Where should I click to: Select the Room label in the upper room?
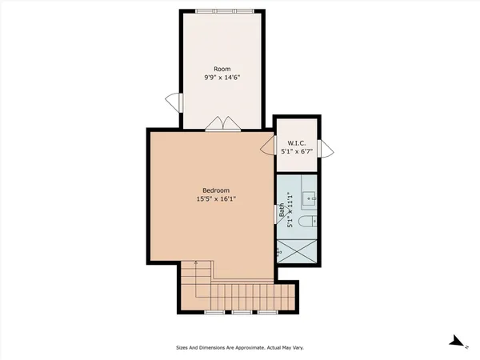[222, 69]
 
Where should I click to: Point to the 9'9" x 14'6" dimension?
[222, 78]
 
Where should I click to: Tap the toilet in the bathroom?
[308, 222]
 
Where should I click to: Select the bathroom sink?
[310, 195]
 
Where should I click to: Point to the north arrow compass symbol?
[458, 342]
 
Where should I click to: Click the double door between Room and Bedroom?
[222, 123]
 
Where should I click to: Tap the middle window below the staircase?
[242, 311]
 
